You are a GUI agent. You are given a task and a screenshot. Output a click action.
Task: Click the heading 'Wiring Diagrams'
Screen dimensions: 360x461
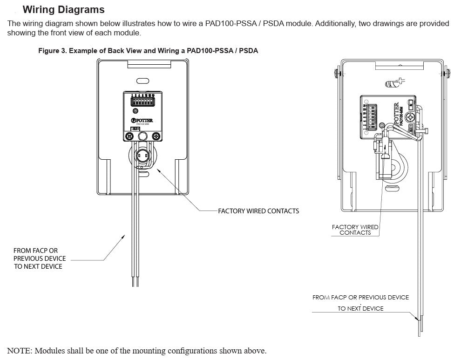(x=63, y=10)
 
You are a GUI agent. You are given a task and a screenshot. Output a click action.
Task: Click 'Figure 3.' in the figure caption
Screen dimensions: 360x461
(x=52, y=51)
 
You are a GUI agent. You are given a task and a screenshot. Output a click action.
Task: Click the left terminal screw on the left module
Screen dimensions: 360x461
(x=128, y=136)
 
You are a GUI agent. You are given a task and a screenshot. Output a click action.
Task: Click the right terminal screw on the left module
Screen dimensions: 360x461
(x=156, y=136)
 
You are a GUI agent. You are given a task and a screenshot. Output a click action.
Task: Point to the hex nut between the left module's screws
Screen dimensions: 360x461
(x=142, y=136)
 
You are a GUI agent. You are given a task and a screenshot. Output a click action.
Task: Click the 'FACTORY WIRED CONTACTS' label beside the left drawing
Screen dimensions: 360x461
(x=258, y=211)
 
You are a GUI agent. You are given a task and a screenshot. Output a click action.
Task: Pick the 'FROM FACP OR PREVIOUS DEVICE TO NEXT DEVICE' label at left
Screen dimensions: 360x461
(x=40, y=258)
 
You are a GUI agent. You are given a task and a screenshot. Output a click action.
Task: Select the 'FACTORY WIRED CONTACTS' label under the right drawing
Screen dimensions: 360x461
(x=355, y=230)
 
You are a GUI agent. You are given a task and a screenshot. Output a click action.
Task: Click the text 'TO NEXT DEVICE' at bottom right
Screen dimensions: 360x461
(x=360, y=308)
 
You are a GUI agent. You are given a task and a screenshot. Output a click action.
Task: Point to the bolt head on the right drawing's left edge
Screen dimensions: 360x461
(x=337, y=73)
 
